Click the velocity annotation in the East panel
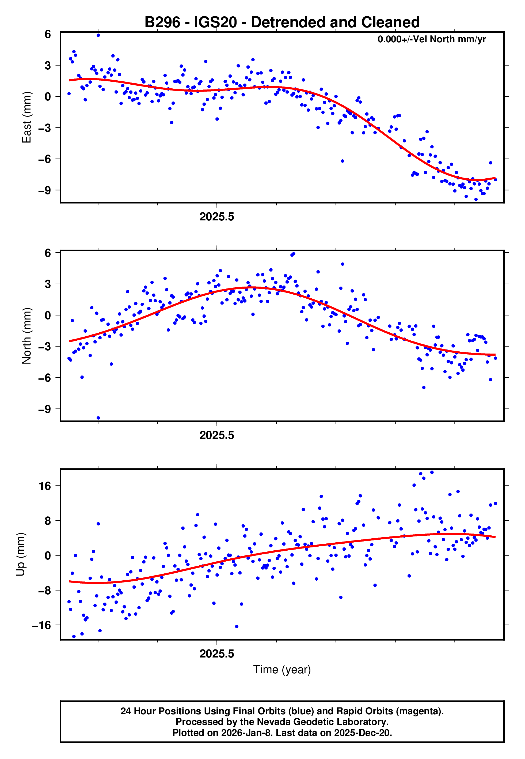point(431,39)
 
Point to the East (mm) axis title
point(26,117)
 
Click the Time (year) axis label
point(282,670)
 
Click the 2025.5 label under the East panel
point(217,217)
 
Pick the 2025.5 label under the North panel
point(217,435)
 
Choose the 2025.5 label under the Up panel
point(217,654)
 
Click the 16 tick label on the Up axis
point(45,486)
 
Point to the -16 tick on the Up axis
point(41,625)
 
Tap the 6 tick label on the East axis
point(48,34)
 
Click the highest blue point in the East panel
point(98,35)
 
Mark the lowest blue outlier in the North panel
point(98,418)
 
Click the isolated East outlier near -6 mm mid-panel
point(343,161)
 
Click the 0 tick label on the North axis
point(48,315)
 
